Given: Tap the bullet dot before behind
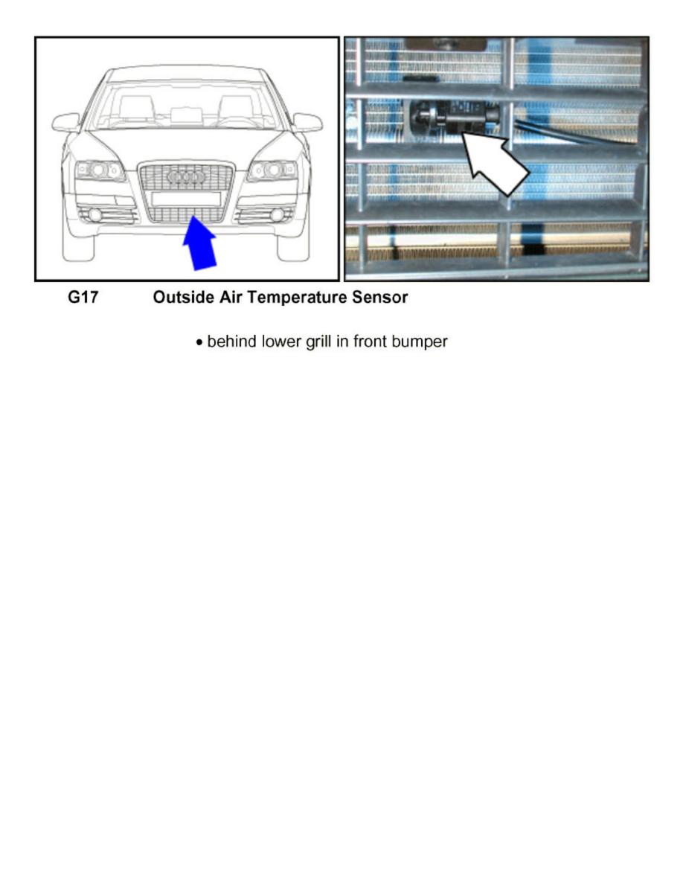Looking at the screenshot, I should [199, 342].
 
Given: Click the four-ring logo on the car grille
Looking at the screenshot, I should [185, 178].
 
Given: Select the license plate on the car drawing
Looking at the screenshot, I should [185, 199].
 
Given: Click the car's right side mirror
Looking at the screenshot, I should [307, 122].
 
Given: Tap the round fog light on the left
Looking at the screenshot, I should [96, 215].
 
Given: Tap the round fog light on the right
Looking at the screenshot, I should [276, 215].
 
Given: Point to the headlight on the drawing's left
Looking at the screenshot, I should [99, 170].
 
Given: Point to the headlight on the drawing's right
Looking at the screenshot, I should [272, 170].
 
